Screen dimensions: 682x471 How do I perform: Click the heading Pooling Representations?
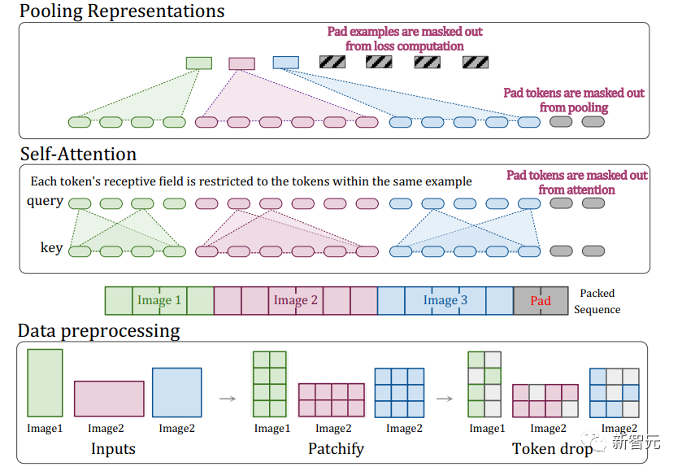[x=122, y=11]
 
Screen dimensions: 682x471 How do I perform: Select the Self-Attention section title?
[x=78, y=154]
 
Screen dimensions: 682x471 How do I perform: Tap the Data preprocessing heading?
[x=98, y=331]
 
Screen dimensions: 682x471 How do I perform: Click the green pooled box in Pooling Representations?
[x=199, y=63]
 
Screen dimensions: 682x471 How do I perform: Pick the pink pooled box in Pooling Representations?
[x=242, y=63]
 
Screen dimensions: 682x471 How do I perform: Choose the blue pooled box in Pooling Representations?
[x=286, y=63]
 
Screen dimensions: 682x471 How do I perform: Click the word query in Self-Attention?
[x=46, y=202]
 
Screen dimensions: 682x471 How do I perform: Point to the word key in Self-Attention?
[x=52, y=247]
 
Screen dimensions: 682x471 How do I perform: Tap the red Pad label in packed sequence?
[x=541, y=301]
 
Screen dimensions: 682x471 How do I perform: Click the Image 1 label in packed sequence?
[x=159, y=300]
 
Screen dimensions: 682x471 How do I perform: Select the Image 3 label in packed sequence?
[x=445, y=300]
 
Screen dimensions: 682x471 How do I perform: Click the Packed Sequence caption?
[x=597, y=301]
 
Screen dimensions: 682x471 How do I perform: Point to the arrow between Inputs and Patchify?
[x=228, y=399]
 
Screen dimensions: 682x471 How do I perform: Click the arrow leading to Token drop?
[x=445, y=399]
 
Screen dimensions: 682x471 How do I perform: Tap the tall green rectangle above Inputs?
[x=45, y=383]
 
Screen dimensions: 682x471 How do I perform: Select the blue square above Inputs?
[x=177, y=393]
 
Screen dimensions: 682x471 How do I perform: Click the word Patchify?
[x=337, y=449]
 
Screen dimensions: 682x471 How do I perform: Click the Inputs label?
[x=113, y=449]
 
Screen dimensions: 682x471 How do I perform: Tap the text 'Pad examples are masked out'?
[x=405, y=32]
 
